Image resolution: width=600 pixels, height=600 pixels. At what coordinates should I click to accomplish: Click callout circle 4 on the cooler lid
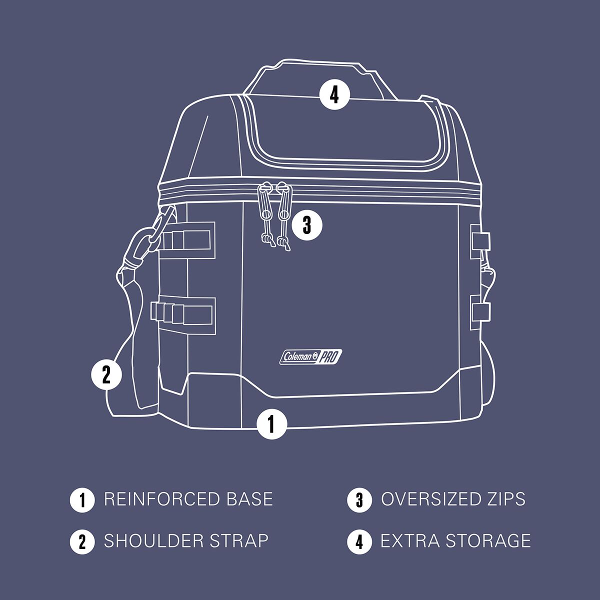point(334,95)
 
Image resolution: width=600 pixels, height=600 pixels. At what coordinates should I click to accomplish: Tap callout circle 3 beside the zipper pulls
point(307,225)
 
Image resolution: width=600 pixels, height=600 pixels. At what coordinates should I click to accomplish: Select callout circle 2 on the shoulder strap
point(106,374)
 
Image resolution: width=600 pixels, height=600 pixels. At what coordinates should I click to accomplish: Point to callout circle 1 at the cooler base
point(271,424)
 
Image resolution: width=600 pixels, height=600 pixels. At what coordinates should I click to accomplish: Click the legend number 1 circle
point(82,500)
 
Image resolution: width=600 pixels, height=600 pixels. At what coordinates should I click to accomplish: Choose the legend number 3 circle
point(359,500)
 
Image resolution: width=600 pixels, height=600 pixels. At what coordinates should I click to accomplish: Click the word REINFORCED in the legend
point(162,499)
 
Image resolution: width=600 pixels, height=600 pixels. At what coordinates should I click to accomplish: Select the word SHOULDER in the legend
point(153,541)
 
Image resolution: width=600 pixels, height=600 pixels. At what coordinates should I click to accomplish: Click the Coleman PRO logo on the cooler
point(310,357)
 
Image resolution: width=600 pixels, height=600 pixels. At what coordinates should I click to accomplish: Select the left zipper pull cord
point(267,214)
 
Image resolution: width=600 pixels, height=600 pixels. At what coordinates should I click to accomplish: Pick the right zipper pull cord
point(284,216)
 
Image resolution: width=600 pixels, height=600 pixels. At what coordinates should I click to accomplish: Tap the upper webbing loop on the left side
point(186,240)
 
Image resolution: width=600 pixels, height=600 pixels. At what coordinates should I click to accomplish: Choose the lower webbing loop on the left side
point(183,315)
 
